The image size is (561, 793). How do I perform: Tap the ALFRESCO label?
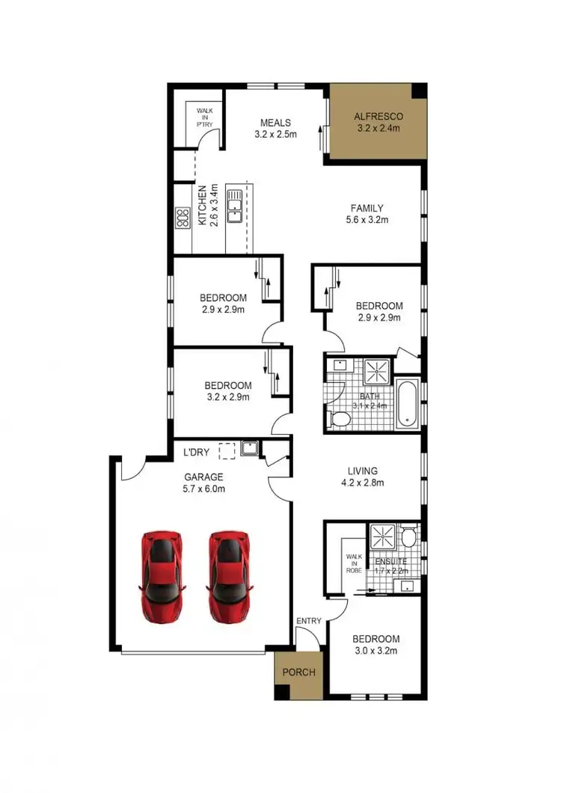tap(378, 116)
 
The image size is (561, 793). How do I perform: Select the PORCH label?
tap(298, 672)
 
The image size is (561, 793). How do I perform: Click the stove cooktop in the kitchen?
tap(182, 218)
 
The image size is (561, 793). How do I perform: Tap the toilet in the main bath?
tap(338, 418)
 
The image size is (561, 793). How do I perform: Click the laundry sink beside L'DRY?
tap(249, 450)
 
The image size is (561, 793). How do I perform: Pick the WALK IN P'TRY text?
tap(205, 117)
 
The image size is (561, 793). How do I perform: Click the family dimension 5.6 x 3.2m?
tap(368, 220)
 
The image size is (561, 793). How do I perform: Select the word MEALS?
tap(275, 123)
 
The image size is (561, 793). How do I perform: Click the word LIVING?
tap(363, 471)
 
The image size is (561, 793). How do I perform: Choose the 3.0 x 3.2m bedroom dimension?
tap(375, 651)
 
